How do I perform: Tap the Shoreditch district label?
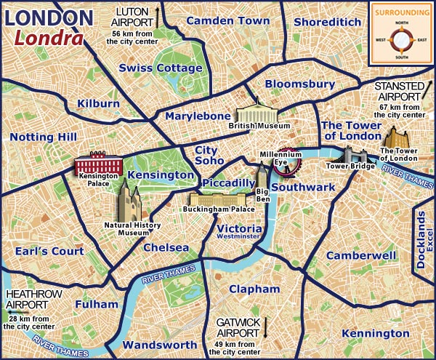(327, 23)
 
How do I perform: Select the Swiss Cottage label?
(161, 68)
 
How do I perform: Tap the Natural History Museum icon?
(129, 199)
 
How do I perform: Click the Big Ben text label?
(262, 194)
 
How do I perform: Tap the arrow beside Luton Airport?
(157, 13)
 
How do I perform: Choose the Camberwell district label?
(360, 256)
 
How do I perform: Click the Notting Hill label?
(44, 137)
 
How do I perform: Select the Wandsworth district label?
(159, 345)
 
